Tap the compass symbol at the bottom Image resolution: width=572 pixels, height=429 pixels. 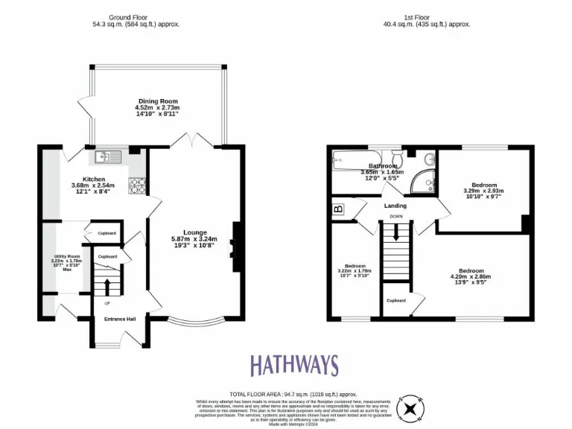[410, 407]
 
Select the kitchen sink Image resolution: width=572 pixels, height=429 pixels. [106, 156]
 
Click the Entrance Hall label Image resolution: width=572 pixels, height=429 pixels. [119, 319]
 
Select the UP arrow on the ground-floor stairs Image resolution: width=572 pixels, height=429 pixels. [107, 286]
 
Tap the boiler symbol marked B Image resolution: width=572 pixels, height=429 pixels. [338, 209]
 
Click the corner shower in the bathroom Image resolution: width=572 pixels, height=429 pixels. [425, 179]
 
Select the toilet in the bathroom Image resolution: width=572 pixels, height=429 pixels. [399, 159]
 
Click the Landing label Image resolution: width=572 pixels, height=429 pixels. [395, 206]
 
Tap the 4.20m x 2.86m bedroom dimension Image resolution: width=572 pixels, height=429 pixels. [471, 277]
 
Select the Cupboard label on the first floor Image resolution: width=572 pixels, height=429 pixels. [395, 300]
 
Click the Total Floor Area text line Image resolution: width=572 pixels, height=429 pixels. [293, 393]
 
